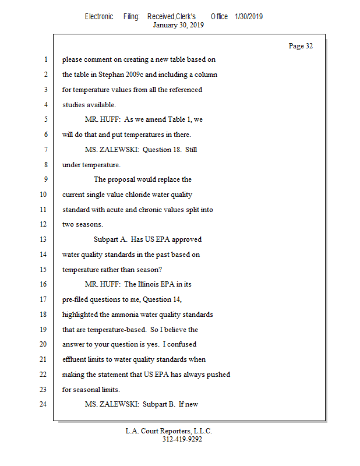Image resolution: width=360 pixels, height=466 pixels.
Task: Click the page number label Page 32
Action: click(x=301, y=46)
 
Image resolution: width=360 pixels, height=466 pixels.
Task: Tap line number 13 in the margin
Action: click(x=44, y=239)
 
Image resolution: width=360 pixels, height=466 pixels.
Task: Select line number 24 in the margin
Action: click(x=44, y=404)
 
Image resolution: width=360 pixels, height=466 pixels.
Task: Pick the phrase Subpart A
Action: click(x=110, y=239)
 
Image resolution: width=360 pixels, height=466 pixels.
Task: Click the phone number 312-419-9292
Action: click(x=182, y=439)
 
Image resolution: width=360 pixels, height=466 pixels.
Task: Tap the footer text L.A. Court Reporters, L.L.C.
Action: click(x=169, y=431)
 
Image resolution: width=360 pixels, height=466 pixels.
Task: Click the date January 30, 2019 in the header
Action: click(x=178, y=25)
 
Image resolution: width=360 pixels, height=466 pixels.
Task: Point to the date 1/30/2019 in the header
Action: click(x=249, y=16)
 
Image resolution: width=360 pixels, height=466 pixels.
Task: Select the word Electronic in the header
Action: click(x=99, y=16)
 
